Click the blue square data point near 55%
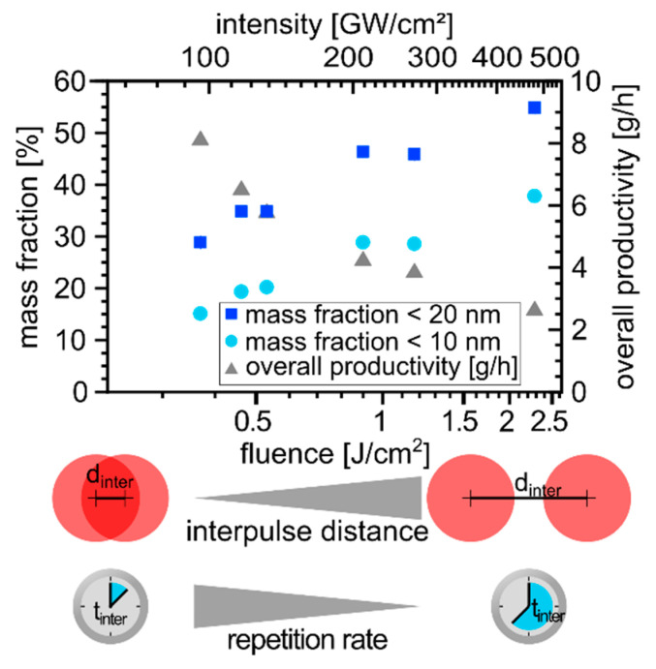(533, 107)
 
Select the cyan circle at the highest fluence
(533, 196)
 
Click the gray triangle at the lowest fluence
(201, 139)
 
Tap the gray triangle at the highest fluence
(533, 309)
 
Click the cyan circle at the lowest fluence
(201, 314)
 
